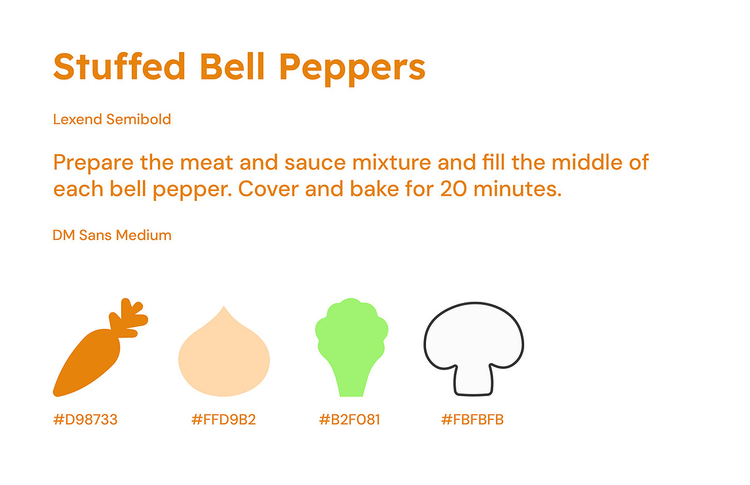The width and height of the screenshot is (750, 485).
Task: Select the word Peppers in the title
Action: tap(352, 69)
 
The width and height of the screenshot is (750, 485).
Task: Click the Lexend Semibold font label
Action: tap(112, 119)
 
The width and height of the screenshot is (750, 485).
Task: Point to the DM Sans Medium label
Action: tap(112, 235)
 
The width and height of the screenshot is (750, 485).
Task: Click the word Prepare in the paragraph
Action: tap(94, 163)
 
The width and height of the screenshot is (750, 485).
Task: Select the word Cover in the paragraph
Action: tap(269, 188)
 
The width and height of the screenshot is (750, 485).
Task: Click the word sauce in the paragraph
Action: tap(315, 163)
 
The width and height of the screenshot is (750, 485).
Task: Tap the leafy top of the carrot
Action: tap(128, 317)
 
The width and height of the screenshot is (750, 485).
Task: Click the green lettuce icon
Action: tap(352, 347)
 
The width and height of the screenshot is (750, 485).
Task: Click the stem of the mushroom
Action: tap(473, 381)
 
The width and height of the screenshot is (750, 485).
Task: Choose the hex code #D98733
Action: tap(85, 419)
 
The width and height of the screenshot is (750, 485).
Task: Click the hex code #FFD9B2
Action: tap(223, 419)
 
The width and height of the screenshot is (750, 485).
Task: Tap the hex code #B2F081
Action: tap(350, 419)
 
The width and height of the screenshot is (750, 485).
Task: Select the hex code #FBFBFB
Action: tap(472, 419)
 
